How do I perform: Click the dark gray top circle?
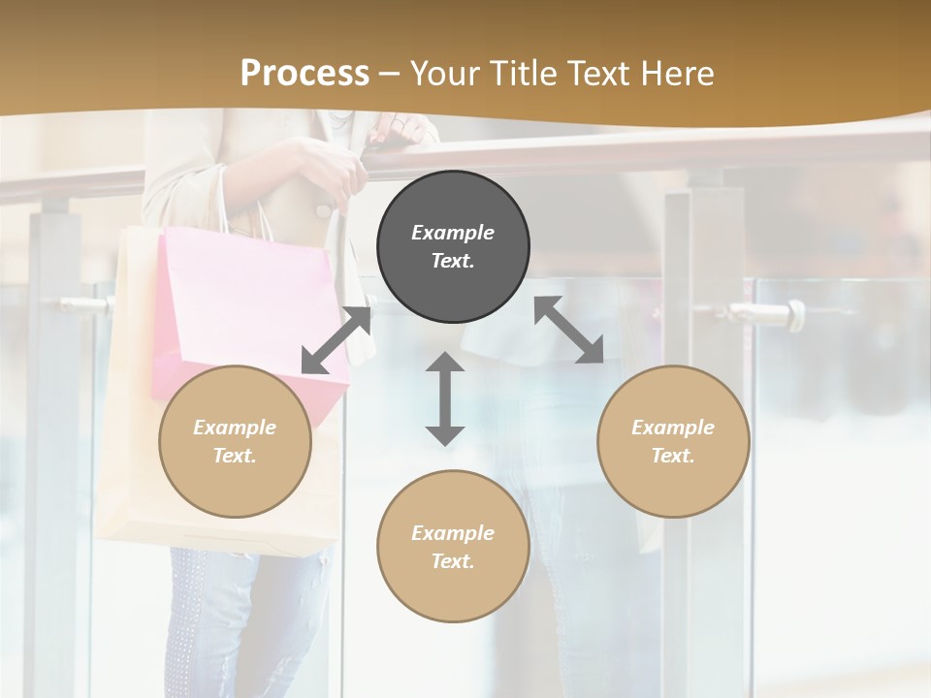453,246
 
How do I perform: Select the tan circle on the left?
235,441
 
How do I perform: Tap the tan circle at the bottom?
453,547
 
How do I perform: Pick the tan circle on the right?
673,441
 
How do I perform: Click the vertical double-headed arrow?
445,398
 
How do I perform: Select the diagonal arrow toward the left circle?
337,340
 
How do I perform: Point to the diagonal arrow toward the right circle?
568,330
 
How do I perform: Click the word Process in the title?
305,73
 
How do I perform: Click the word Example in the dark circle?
453,233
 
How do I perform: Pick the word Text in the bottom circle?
453,561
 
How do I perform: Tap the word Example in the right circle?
673,428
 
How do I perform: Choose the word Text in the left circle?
235,456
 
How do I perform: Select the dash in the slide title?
390,73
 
